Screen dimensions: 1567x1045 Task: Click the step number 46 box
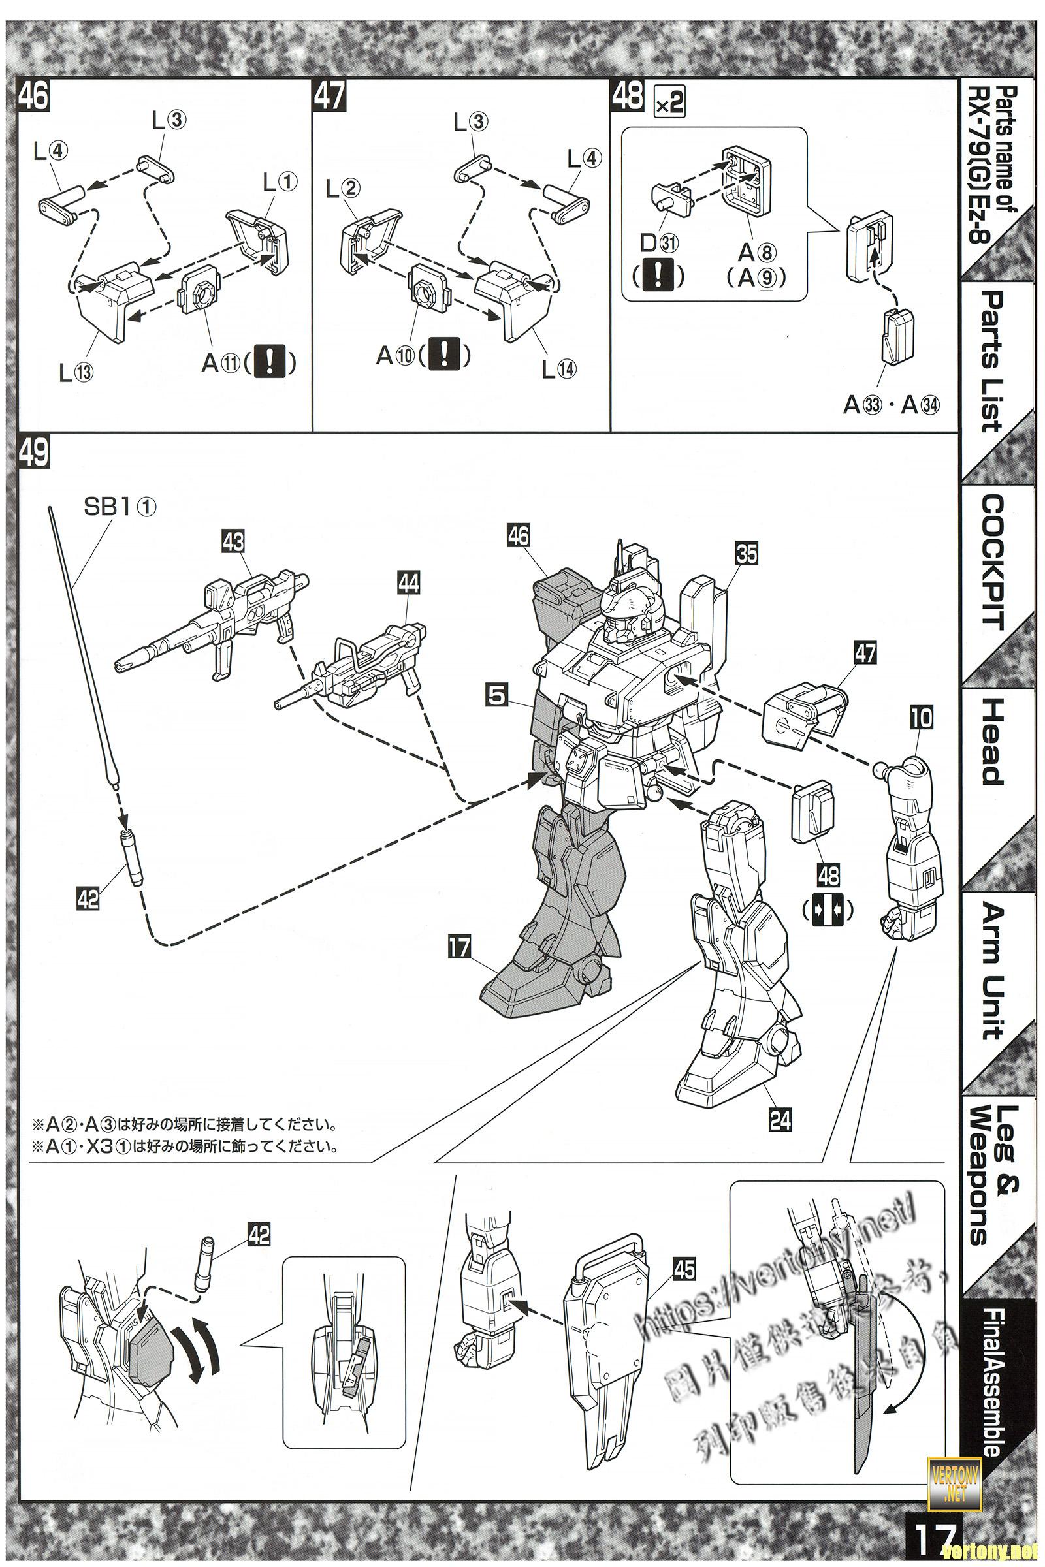pyautogui.click(x=33, y=96)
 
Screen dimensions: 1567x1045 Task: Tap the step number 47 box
pyautogui.click(x=329, y=96)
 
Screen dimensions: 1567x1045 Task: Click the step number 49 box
pyautogui.click(x=33, y=453)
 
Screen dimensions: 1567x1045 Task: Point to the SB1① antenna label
pyautogui.click(x=120, y=507)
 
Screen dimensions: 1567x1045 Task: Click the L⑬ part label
pyautogui.click(x=76, y=373)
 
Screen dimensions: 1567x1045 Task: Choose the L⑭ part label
pyautogui.click(x=558, y=369)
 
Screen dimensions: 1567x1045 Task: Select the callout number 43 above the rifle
pyautogui.click(x=234, y=542)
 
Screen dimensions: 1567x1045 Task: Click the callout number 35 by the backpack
pyautogui.click(x=747, y=552)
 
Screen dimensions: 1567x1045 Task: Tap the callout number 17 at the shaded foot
pyautogui.click(x=459, y=947)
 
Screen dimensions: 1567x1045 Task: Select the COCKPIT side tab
pyautogui.click(x=992, y=562)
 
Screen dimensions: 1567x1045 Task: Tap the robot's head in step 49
pyautogui.click(x=626, y=610)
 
